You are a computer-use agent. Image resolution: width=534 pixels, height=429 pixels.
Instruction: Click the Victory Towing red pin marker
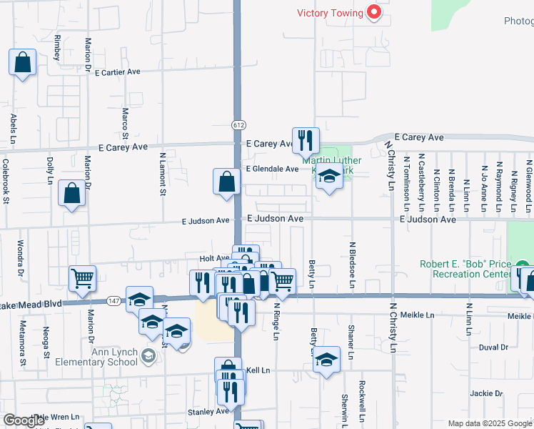pyautogui.click(x=373, y=11)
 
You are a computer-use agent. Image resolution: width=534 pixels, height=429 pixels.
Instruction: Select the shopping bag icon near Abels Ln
pyautogui.click(x=23, y=62)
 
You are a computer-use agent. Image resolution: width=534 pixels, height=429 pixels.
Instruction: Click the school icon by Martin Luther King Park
pyautogui.click(x=329, y=176)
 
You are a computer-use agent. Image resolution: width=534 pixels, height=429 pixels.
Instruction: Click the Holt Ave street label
pyautogui.click(x=213, y=258)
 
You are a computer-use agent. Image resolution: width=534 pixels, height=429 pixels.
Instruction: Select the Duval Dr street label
pyautogui.click(x=493, y=347)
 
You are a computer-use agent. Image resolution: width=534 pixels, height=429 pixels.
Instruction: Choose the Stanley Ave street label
pyautogui.click(x=207, y=412)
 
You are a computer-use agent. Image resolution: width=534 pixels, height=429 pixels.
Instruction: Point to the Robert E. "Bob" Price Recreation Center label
pyautogui.click(x=465, y=269)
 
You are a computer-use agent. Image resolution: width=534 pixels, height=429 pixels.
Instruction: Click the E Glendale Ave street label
pyautogui.click(x=272, y=169)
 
